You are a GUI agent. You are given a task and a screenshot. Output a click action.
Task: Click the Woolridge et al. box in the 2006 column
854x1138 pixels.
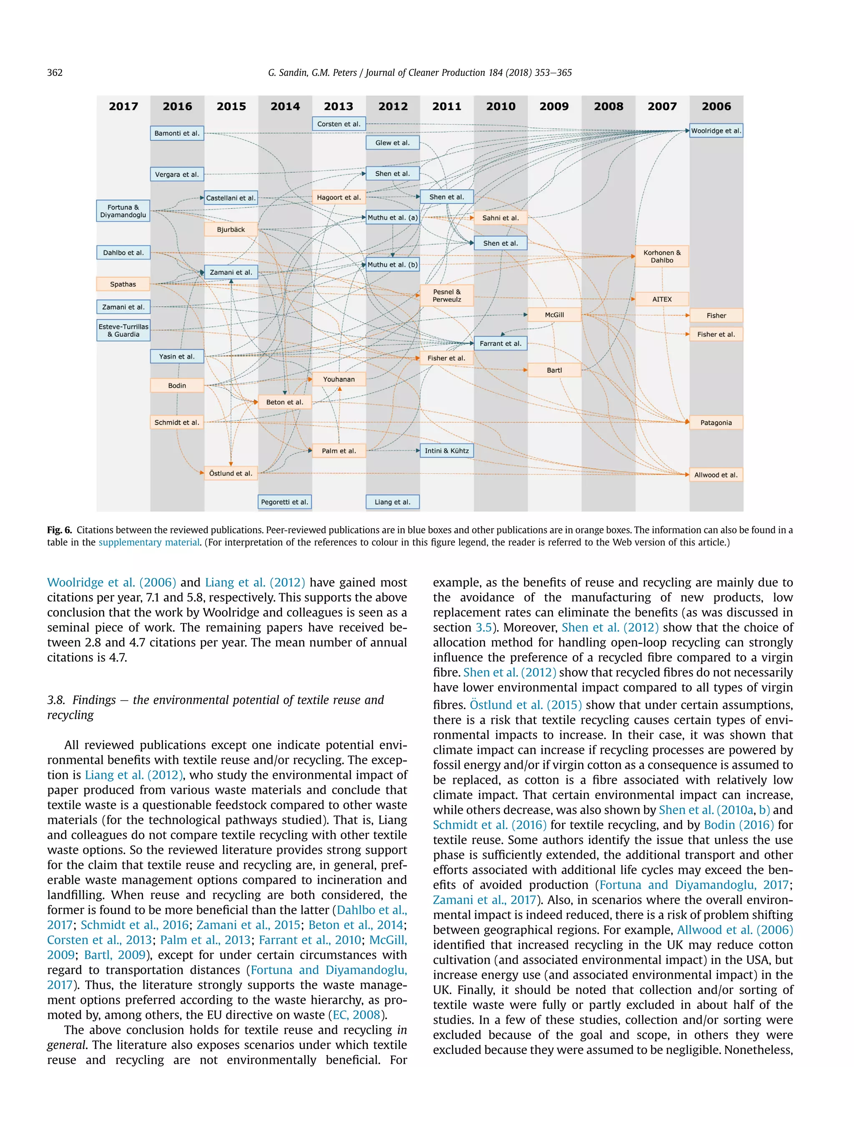[x=716, y=131]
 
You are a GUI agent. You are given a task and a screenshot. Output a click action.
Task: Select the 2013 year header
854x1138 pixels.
[x=338, y=107]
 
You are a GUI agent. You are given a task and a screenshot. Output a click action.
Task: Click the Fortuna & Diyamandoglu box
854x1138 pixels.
[x=123, y=211]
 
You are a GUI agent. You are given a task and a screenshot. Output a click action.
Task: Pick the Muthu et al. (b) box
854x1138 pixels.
[x=392, y=265]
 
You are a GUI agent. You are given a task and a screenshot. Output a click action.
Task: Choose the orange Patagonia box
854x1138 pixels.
[x=716, y=423]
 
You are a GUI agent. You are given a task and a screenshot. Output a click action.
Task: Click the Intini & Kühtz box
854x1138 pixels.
[x=446, y=451]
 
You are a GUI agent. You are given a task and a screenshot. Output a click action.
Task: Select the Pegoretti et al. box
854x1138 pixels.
[x=285, y=502]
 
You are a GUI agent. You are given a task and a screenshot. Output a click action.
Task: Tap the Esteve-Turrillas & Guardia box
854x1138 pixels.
[x=123, y=330]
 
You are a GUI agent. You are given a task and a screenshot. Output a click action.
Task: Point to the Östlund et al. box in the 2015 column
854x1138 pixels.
[x=231, y=473]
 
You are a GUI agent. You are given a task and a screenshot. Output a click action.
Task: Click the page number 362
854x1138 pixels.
[x=55, y=73]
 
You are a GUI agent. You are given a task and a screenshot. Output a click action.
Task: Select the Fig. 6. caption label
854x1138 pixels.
[x=59, y=530]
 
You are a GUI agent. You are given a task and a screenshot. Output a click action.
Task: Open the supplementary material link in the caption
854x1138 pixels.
[x=149, y=542]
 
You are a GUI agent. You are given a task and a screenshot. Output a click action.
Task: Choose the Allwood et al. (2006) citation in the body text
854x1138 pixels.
[x=735, y=930]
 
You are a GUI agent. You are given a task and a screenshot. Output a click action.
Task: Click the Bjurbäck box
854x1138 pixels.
[x=231, y=230]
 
